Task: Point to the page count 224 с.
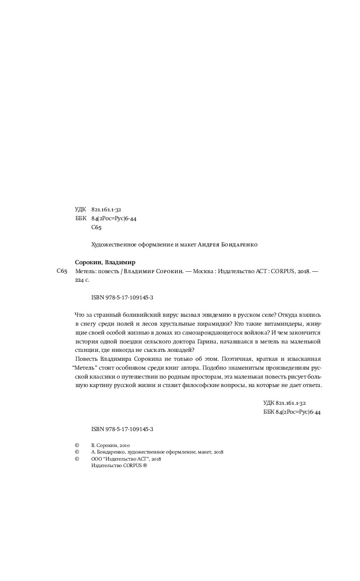point(82,280)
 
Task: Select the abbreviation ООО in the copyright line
point(97,459)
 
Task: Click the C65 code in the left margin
point(62,272)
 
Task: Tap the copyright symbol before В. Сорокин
point(77,445)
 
